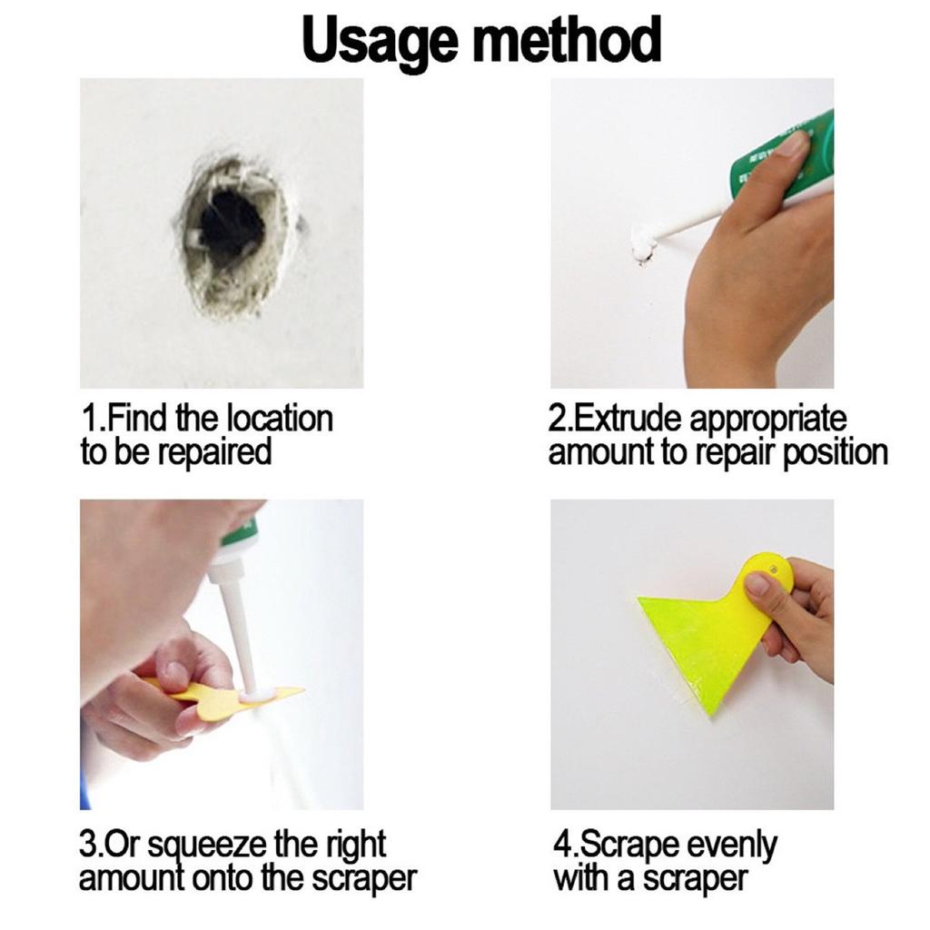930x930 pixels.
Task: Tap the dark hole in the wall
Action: pos(230,224)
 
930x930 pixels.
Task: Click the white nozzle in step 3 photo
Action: pos(238,627)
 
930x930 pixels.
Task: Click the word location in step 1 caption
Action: pos(279,420)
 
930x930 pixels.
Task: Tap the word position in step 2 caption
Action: pos(834,451)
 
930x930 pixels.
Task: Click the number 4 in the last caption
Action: pos(560,846)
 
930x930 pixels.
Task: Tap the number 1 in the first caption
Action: pos(88,420)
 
